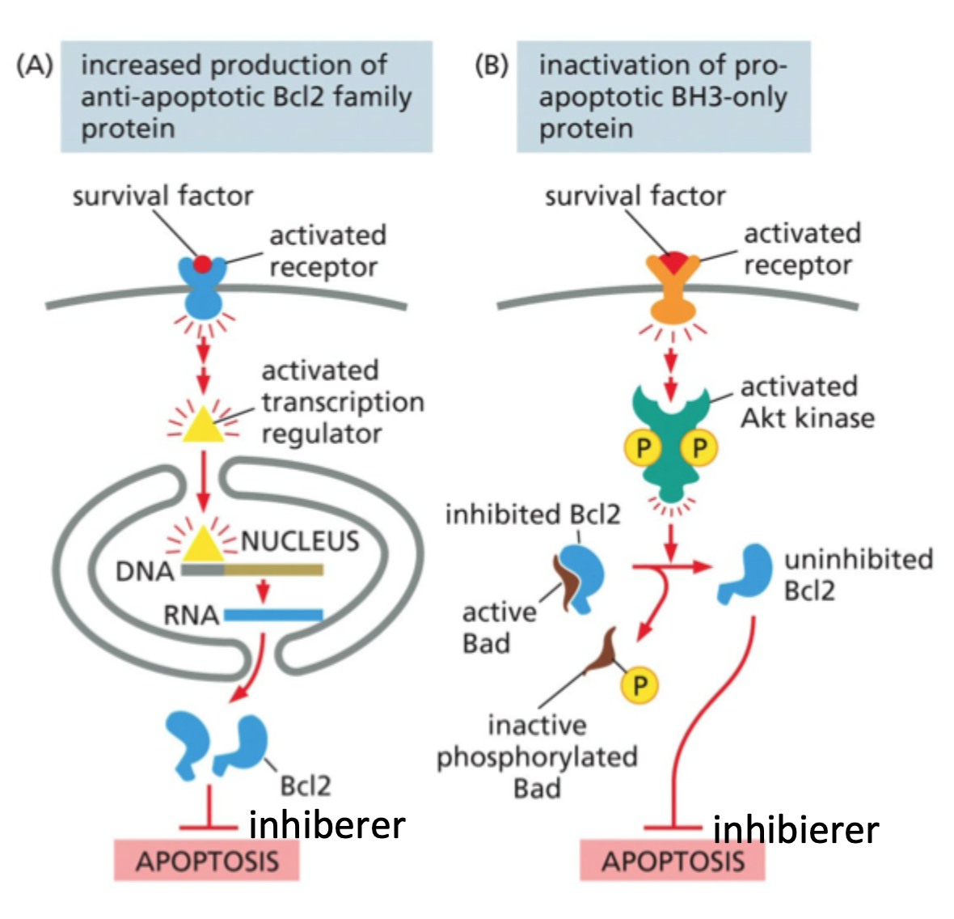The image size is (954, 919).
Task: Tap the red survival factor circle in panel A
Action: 203,265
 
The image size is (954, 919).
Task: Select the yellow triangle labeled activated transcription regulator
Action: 202,424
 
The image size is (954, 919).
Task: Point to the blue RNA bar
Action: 272,616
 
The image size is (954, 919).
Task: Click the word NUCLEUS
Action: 300,540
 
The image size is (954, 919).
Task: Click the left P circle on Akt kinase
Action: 644,447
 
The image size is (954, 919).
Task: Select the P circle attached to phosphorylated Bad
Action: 639,686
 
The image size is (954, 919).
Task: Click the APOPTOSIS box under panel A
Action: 207,860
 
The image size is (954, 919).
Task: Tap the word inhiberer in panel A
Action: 327,824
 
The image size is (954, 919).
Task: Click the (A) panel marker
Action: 35,66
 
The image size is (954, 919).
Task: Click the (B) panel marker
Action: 492,66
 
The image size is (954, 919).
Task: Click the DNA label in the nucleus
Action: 145,572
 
